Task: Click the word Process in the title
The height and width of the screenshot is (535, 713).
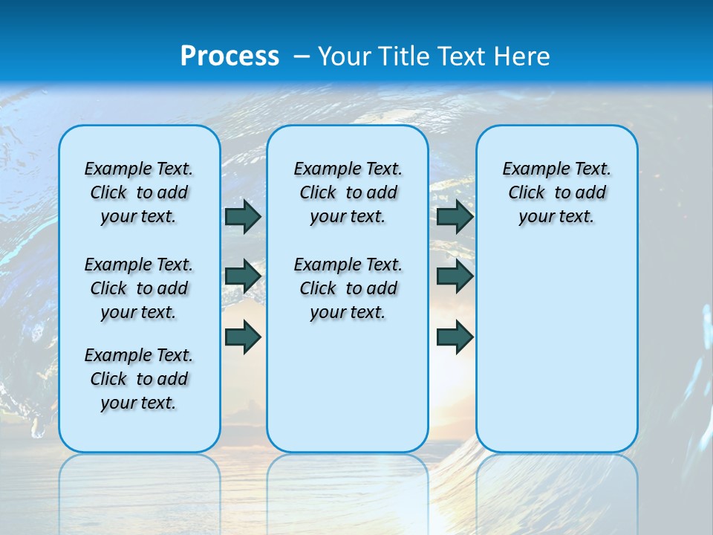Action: (x=229, y=56)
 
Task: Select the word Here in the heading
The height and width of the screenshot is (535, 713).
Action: (x=521, y=56)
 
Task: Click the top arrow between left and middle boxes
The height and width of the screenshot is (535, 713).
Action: (x=243, y=216)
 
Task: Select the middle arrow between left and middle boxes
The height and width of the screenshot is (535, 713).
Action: (x=243, y=276)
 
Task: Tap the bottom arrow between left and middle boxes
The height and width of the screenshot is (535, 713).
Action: (x=243, y=337)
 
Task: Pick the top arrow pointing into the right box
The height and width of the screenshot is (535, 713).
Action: (x=455, y=216)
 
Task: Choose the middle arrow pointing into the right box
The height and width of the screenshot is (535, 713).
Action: (x=455, y=276)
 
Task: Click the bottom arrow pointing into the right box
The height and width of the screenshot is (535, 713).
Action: (x=455, y=337)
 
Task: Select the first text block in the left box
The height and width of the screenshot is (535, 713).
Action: (x=139, y=192)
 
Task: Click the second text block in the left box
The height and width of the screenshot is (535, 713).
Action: (x=139, y=288)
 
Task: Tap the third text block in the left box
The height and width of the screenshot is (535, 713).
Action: (x=139, y=379)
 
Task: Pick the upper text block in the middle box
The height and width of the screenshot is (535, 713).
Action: (x=348, y=192)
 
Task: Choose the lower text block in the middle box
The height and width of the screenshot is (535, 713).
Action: (x=348, y=288)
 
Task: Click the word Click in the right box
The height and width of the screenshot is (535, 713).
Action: (x=527, y=192)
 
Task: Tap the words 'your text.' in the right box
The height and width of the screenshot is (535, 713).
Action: (x=556, y=216)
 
